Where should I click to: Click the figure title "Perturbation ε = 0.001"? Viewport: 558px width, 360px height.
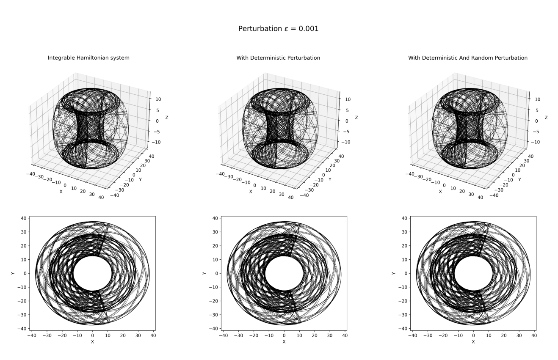point(278,29)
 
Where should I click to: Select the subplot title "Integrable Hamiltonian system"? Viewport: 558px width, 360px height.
point(88,58)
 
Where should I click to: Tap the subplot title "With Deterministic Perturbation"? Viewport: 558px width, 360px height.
point(278,58)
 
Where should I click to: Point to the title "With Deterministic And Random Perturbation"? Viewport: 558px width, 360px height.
point(468,58)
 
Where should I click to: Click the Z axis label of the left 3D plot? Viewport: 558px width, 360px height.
point(167,118)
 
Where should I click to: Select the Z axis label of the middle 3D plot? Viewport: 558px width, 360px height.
point(356,118)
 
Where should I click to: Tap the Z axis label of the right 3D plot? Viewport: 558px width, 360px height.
point(546,118)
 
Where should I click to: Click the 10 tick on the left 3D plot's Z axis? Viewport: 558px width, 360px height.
point(158,99)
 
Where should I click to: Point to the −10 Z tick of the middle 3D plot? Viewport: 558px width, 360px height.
point(346,142)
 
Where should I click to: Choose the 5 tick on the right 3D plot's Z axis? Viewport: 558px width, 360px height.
point(537,110)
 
